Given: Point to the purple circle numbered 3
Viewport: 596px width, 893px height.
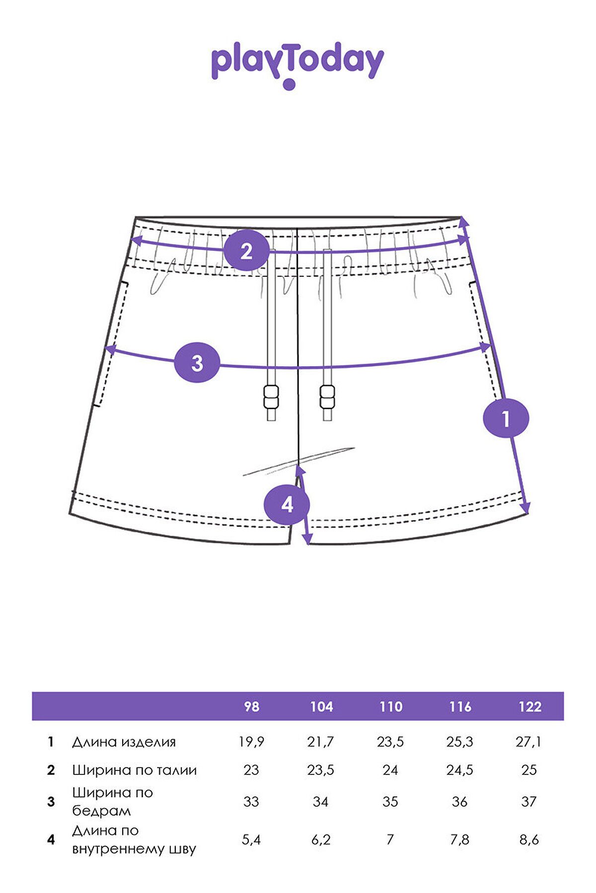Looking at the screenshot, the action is [x=197, y=363].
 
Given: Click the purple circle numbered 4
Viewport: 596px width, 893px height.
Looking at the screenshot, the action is [x=287, y=505].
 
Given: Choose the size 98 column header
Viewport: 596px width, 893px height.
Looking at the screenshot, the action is [x=252, y=706].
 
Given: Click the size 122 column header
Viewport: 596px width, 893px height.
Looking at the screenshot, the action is [x=529, y=706].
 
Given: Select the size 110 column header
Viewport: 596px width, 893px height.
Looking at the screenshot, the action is [x=391, y=706].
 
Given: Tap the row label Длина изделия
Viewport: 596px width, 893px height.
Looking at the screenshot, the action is [x=124, y=742].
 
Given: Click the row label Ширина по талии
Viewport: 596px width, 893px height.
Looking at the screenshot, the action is [x=135, y=770].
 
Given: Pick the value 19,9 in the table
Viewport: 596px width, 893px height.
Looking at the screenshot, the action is [x=251, y=742].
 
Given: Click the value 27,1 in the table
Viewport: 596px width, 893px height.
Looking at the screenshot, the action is [x=529, y=742].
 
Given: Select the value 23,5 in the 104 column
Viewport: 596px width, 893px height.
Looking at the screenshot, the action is [x=321, y=769].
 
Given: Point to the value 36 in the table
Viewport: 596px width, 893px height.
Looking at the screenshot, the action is [x=459, y=801].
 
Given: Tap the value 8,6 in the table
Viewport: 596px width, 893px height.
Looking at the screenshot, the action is [x=529, y=839].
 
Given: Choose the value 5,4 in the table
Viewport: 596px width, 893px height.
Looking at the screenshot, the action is [x=251, y=839].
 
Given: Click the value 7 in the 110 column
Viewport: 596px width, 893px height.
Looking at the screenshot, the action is [x=390, y=839].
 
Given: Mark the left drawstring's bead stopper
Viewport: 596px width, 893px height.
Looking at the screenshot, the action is [x=272, y=396].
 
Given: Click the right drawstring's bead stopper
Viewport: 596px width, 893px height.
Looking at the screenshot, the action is [x=327, y=396].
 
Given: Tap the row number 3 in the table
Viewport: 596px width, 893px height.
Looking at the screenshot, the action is [x=51, y=801].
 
